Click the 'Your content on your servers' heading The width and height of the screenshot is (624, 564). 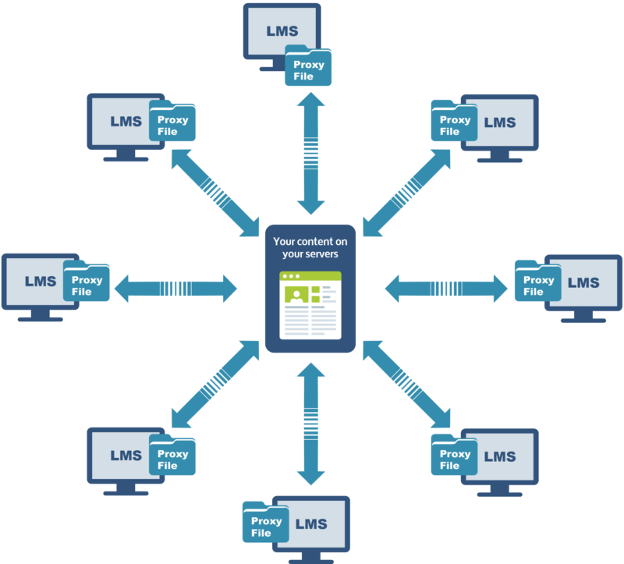pos(310,247)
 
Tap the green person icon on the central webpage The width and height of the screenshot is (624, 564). pos(296,294)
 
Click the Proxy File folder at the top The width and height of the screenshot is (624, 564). pos(308,67)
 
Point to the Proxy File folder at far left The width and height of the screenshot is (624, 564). pos(87,283)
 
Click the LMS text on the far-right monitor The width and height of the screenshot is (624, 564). pos(583,282)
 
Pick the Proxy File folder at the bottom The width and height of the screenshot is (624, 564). pos(265,524)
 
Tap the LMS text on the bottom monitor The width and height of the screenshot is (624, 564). pos(312,524)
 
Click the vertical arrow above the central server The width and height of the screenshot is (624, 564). pos(311,153)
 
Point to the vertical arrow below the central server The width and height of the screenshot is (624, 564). pos(311,424)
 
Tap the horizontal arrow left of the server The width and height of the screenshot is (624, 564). pos(175,289)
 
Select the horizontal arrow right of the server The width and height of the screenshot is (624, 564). pos(446,289)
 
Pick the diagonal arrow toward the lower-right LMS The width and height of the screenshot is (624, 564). pos(406,384)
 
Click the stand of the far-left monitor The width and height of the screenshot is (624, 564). pos(39,316)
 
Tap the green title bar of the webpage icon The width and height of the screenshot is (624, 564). pos(310,277)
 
